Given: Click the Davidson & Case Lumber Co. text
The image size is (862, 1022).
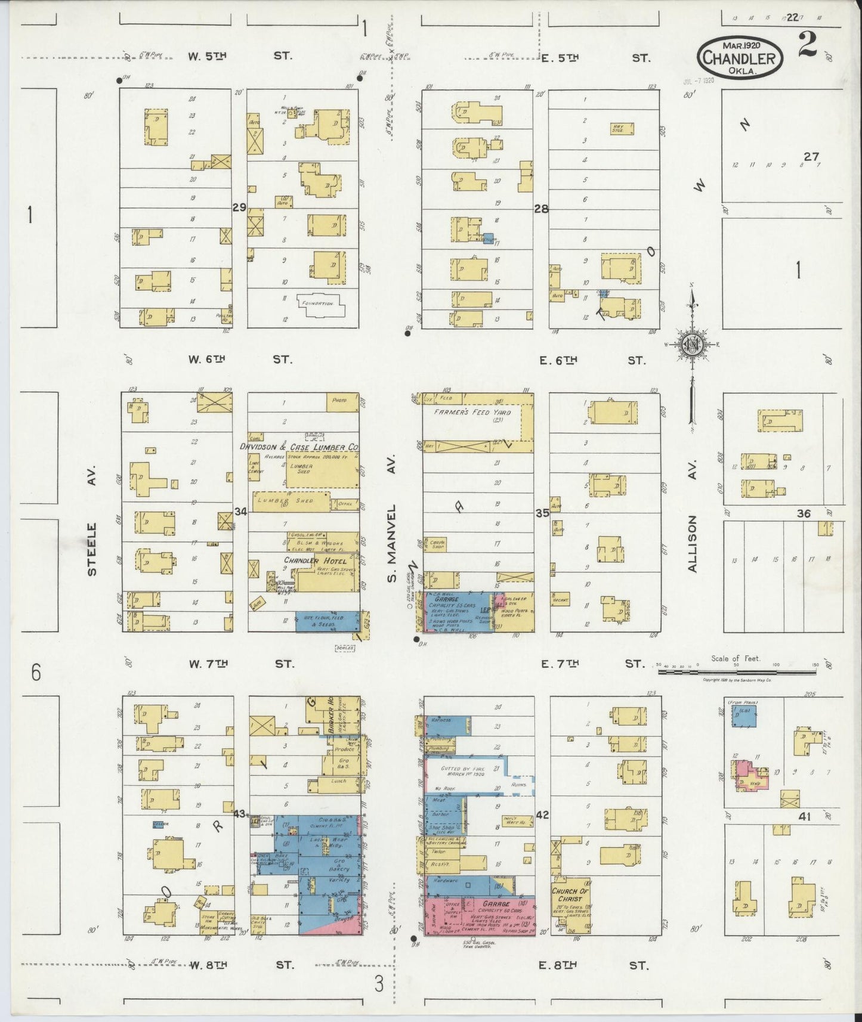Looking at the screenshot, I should [299, 446].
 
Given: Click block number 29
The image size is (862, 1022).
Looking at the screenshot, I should [239, 208].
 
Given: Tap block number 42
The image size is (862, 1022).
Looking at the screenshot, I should [542, 814].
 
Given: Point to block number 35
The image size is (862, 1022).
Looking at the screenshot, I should [542, 512].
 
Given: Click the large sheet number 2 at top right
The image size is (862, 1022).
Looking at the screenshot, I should [808, 47].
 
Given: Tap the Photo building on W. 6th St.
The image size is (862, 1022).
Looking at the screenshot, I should [339, 401].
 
